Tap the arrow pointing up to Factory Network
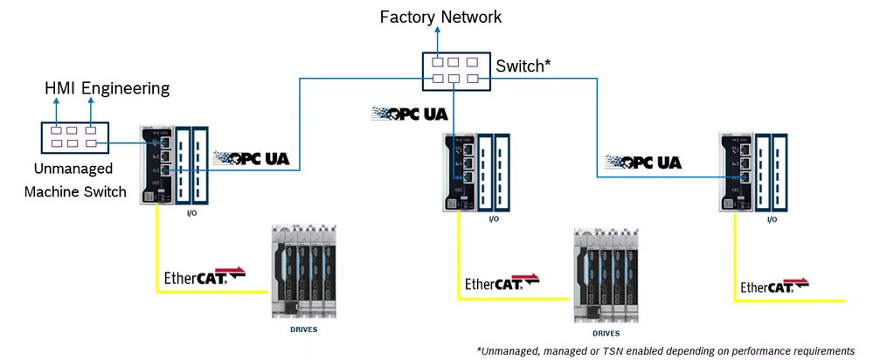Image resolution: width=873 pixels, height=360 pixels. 452,40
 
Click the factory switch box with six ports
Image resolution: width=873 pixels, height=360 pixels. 452,70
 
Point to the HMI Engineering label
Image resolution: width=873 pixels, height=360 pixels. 107,88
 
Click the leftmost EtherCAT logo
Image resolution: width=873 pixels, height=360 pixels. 204,278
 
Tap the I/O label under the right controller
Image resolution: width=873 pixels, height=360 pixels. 772,219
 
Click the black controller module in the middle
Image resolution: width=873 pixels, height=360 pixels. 460,170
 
